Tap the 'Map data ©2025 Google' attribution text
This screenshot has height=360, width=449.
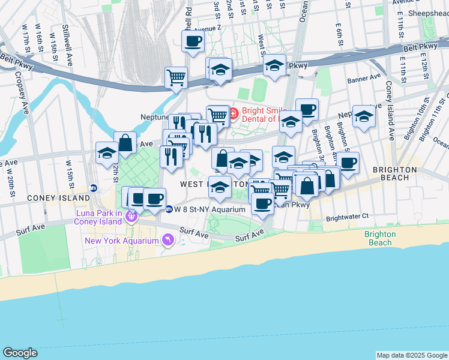(x=411, y=355)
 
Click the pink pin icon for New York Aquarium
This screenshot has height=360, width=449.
(x=167, y=241)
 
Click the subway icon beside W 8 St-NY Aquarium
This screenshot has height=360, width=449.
(x=169, y=209)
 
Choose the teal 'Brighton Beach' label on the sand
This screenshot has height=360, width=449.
(x=380, y=238)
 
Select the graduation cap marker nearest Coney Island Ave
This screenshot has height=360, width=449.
(x=364, y=116)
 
